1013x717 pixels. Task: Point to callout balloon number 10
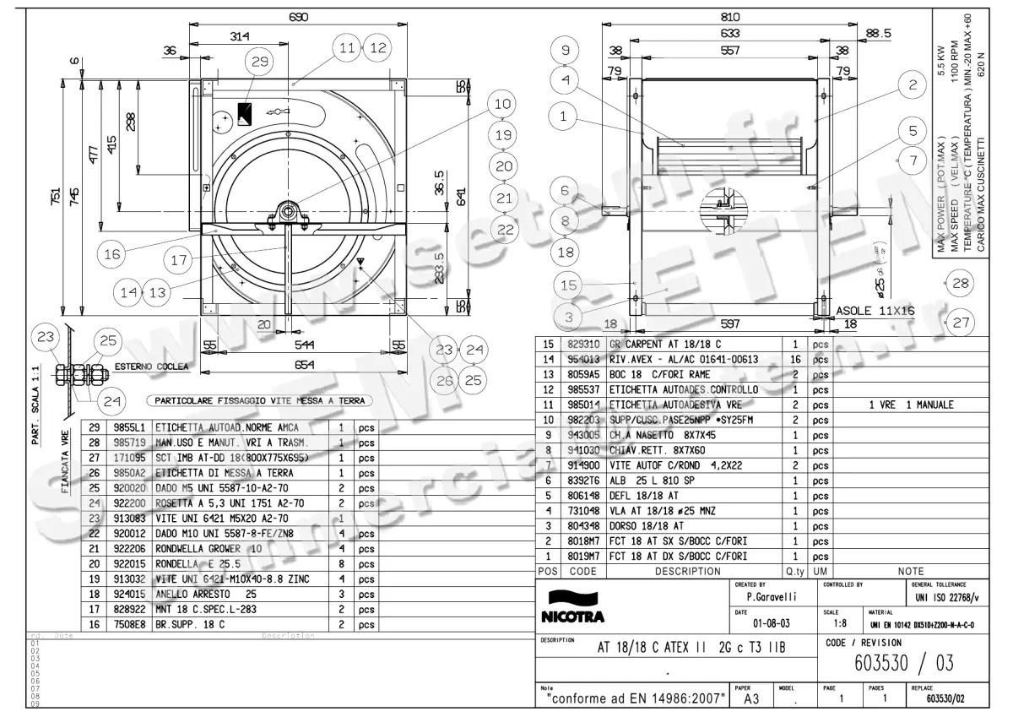503,104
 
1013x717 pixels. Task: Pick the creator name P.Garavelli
761,597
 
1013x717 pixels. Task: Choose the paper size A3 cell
750,701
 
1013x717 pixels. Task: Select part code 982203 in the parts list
582,420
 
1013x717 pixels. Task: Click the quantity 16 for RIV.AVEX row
795,359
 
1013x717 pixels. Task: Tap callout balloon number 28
961,284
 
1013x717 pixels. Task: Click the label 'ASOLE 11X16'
875,310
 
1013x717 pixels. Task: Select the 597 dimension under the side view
730,323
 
